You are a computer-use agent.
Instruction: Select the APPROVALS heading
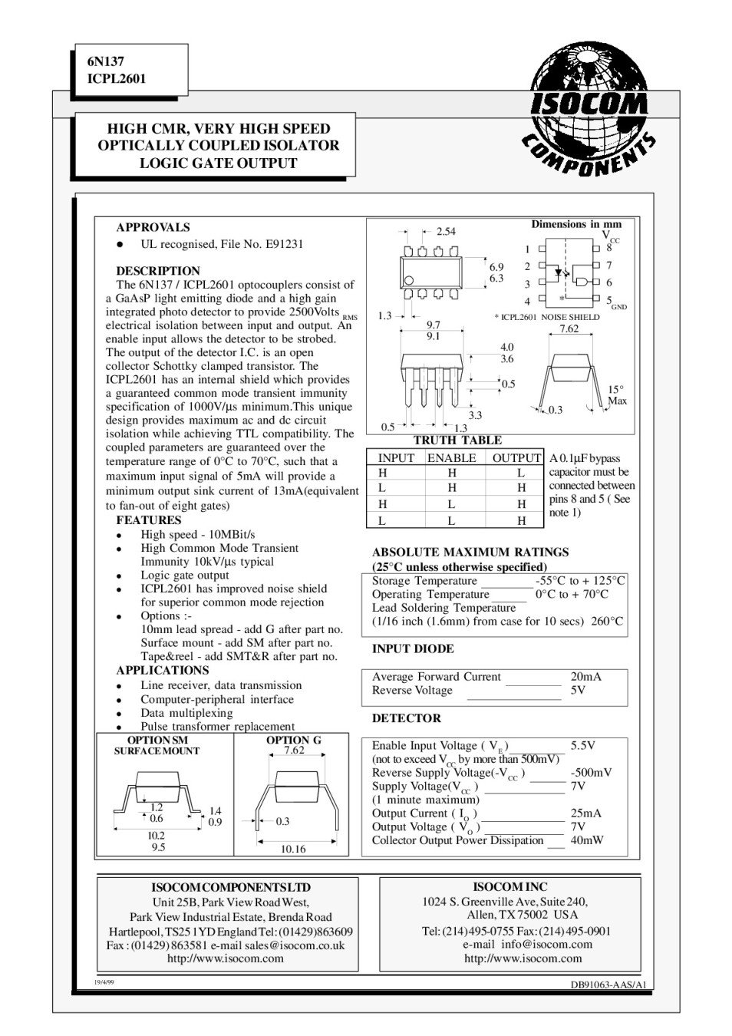153,227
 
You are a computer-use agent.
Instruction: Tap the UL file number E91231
284,244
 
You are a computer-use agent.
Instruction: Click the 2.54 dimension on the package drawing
446,231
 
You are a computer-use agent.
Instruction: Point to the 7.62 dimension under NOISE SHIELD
569,328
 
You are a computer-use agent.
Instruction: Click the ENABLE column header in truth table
451,458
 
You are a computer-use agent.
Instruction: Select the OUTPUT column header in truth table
516,458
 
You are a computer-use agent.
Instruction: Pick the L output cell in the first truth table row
521,473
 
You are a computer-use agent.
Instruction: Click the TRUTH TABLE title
457,440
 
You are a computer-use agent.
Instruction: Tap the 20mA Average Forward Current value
586,677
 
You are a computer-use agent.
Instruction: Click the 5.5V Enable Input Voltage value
583,745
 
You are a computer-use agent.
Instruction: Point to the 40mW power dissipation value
588,840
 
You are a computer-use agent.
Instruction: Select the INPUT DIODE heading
413,648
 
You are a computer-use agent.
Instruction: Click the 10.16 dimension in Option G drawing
293,849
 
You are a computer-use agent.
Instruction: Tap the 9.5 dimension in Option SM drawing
158,848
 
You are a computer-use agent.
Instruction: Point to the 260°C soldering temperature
608,622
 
